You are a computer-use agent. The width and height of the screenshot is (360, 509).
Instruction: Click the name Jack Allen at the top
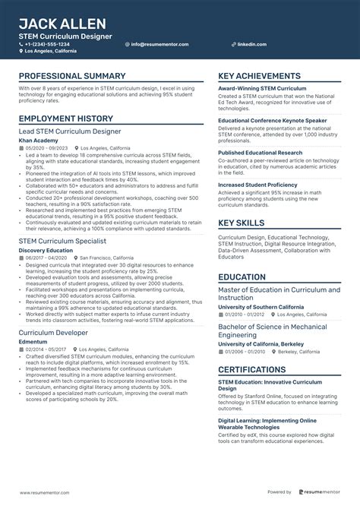point(62,24)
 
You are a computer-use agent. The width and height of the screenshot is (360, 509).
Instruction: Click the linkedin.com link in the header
point(251,44)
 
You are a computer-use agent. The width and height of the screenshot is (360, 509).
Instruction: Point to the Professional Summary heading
point(72,77)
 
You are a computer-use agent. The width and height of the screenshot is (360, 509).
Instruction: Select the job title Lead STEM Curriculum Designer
point(69,131)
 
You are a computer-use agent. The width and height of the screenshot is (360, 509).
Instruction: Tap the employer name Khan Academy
point(38,141)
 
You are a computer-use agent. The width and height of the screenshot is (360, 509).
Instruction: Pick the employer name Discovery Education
point(46,250)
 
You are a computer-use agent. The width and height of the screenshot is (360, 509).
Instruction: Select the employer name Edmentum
point(33,341)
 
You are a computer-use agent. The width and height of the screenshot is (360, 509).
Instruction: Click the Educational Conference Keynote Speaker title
point(272,120)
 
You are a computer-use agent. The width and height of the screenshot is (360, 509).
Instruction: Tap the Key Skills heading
point(242,223)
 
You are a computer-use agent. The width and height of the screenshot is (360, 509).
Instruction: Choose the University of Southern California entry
point(261,306)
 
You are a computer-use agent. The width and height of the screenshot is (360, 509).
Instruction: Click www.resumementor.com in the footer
point(49,492)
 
